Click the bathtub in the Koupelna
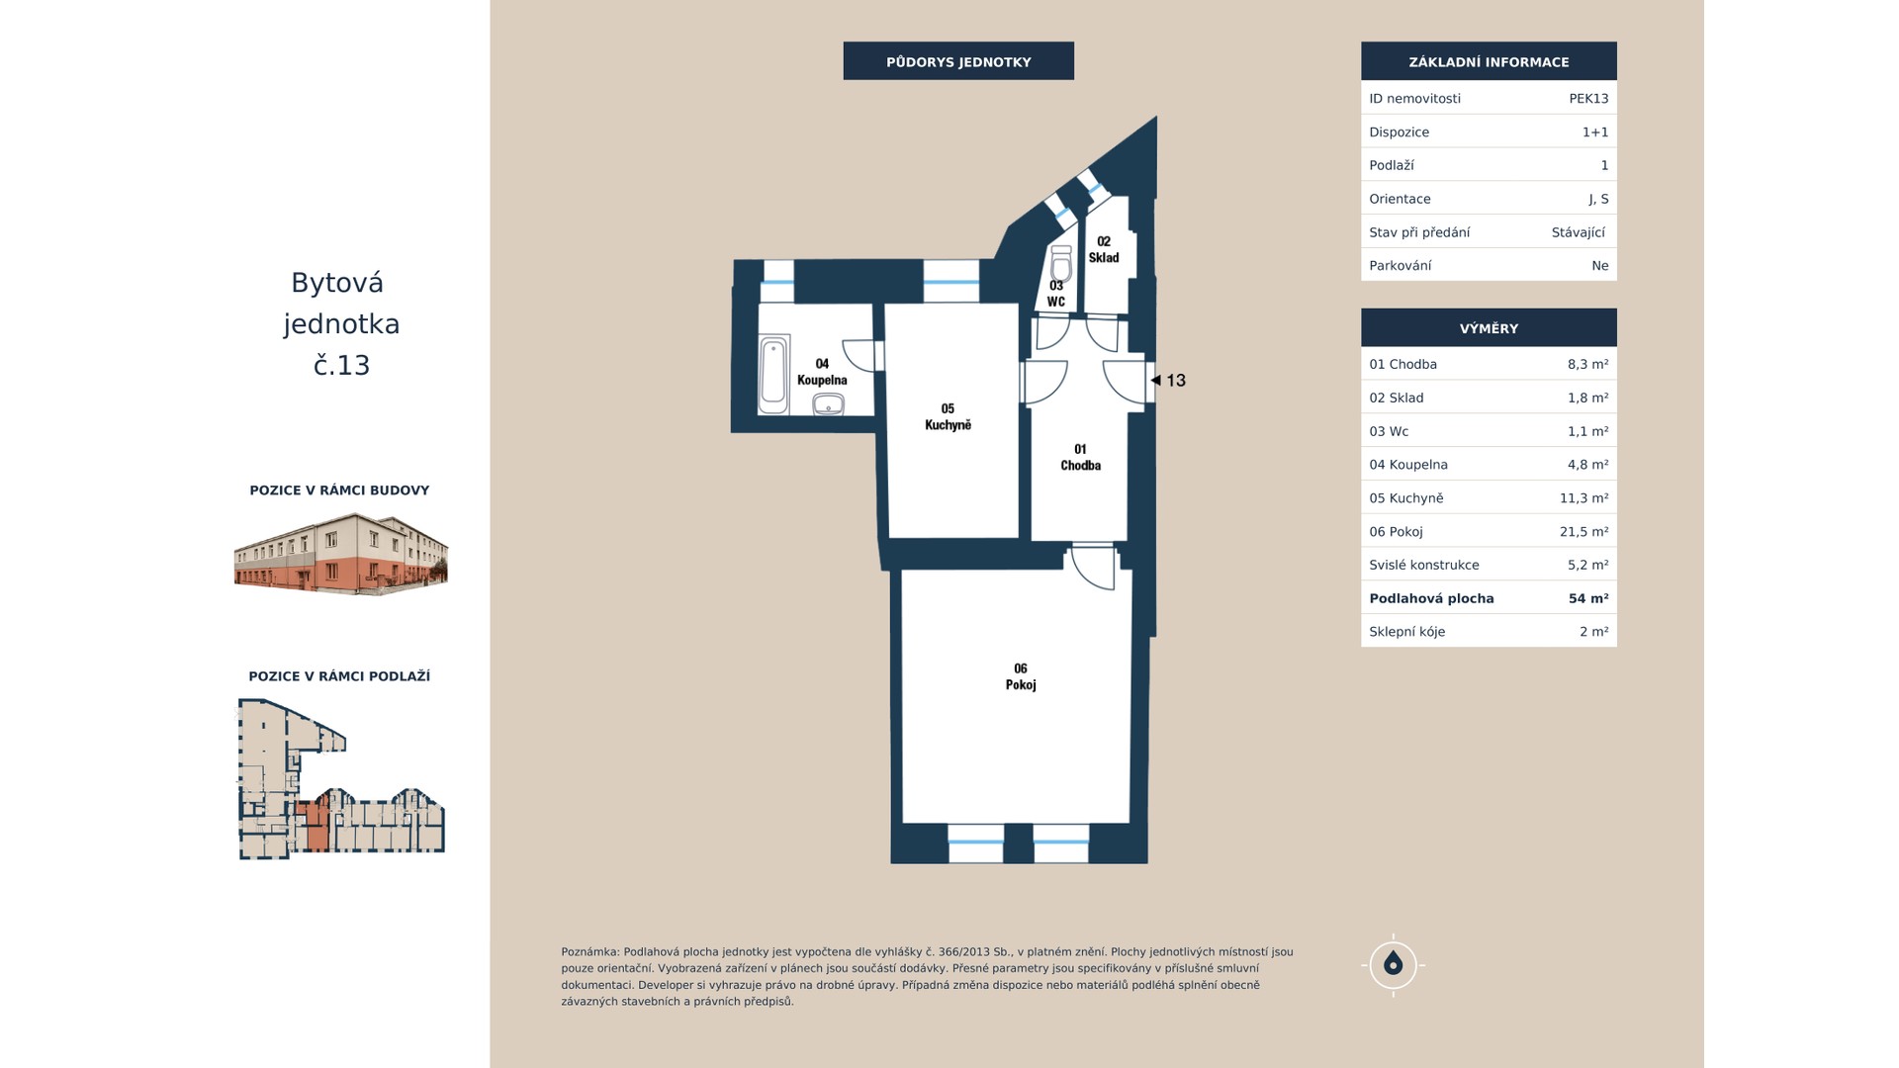[773, 376]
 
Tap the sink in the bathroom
[828, 404]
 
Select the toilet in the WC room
[1061, 264]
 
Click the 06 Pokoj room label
[1021, 676]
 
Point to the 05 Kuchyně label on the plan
[948, 416]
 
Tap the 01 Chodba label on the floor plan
[1080, 457]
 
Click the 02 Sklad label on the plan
[1104, 249]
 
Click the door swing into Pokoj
[1094, 568]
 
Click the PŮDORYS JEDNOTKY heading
[958, 61]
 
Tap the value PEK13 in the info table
[1588, 98]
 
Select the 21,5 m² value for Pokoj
[1583, 531]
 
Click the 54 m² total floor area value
[1588, 598]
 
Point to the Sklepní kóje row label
[1406, 632]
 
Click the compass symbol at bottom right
[1393, 964]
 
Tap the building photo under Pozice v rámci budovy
[341, 554]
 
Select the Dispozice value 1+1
[1595, 132]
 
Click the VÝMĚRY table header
[1489, 328]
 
